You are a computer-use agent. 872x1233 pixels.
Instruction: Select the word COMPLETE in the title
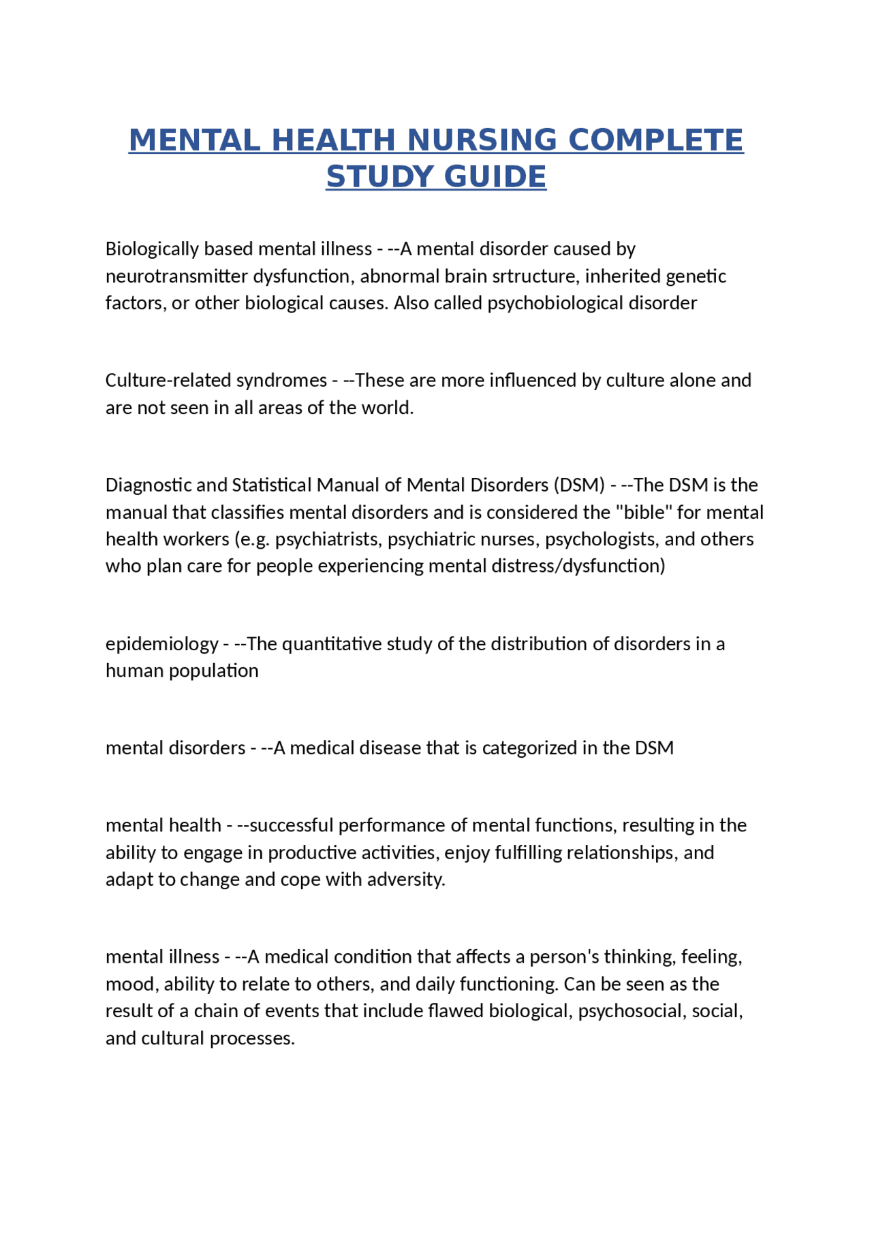[655, 140]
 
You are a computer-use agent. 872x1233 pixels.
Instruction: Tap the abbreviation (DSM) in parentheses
[579, 485]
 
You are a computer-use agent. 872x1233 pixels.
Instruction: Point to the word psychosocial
[630, 1010]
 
